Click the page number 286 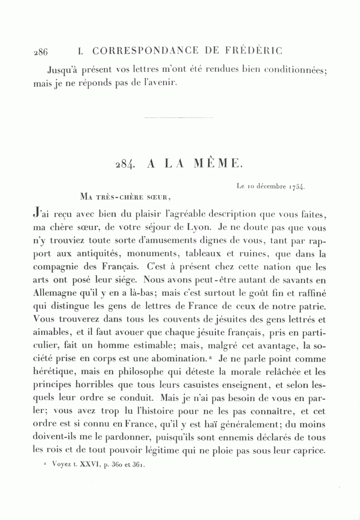pyautogui.click(x=40, y=52)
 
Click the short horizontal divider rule pyautogui.click(x=178, y=118)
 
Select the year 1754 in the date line pyautogui.click(x=296, y=187)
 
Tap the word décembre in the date pyautogui.click(x=272, y=186)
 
